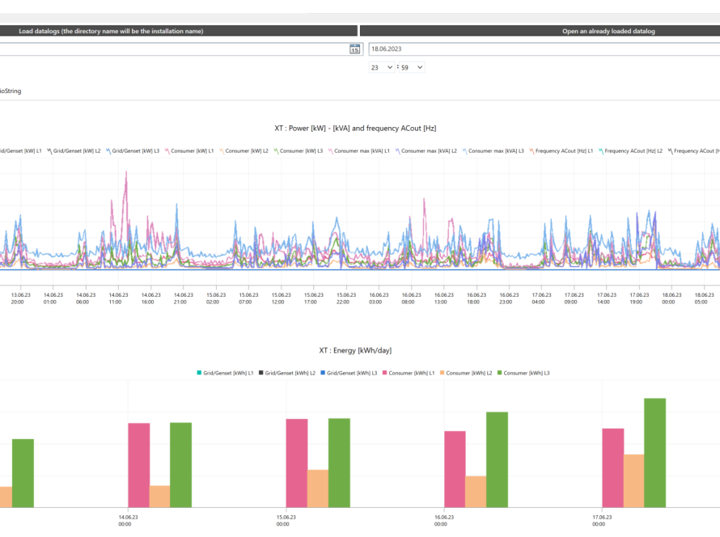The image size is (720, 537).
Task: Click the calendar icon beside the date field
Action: point(354,49)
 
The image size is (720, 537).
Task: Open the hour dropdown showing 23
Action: point(382,68)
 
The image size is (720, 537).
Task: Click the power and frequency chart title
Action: point(355,128)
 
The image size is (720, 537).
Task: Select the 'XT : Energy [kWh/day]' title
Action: point(355,351)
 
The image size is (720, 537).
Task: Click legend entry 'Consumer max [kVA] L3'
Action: point(493,151)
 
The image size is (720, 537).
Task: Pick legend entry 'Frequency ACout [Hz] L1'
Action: point(561,151)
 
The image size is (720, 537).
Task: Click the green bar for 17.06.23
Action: point(654,453)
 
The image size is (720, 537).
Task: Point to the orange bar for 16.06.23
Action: point(476,492)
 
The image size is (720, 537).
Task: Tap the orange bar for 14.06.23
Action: point(159,497)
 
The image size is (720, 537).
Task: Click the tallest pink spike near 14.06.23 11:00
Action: point(126,175)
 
